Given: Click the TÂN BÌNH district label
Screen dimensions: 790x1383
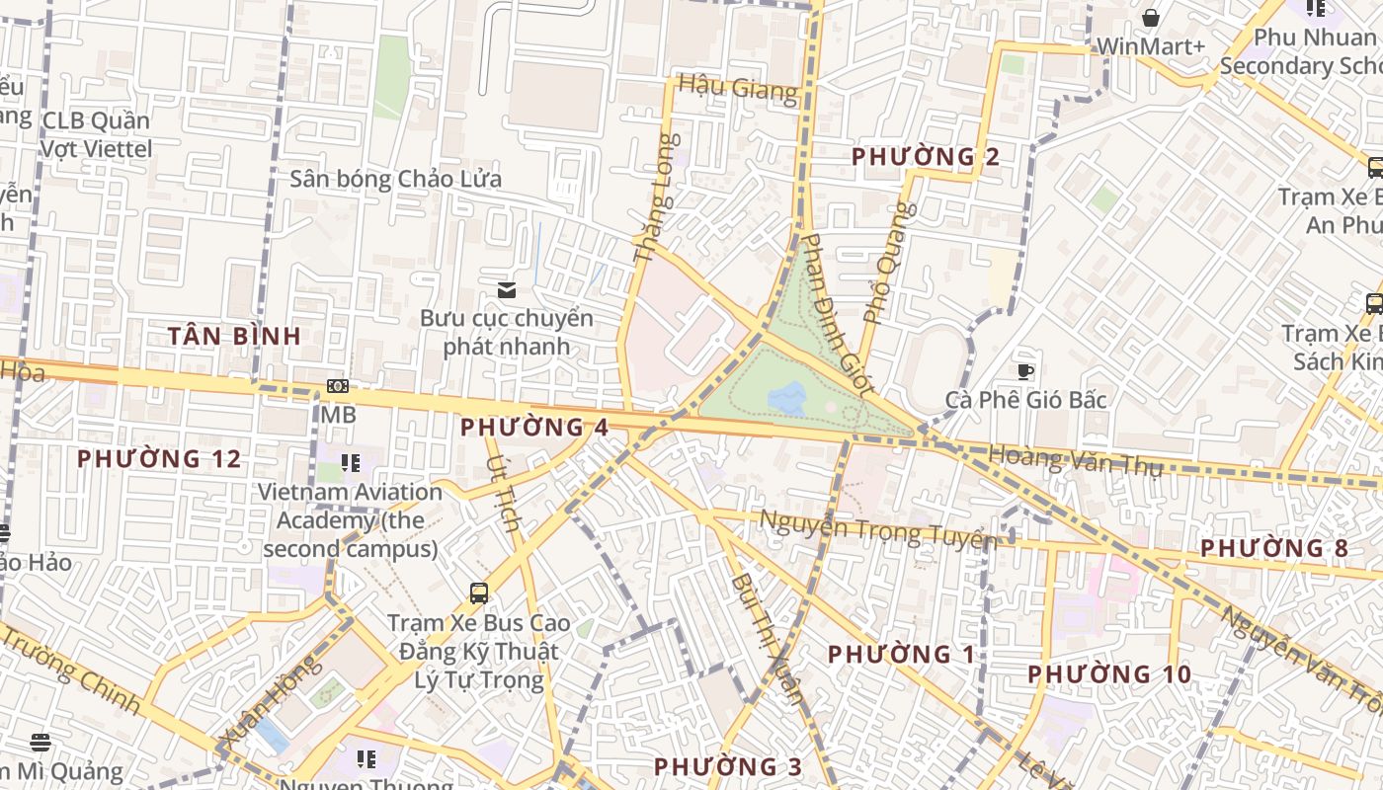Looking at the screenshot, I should (x=234, y=336).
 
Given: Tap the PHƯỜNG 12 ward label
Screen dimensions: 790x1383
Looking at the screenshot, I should (x=159, y=459).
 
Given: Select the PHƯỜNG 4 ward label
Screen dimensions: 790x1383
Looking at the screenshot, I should (x=534, y=428).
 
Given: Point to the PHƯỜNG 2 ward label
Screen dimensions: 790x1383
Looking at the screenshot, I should (x=926, y=157).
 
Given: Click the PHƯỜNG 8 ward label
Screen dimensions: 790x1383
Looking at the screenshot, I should (x=1274, y=548).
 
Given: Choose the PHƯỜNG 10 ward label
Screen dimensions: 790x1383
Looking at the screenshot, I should (x=1109, y=675).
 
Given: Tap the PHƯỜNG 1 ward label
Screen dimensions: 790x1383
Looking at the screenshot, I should (x=901, y=655).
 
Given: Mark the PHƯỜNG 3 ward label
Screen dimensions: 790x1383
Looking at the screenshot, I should (x=728, y=766).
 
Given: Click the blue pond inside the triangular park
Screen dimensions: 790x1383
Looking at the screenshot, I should (x=787, y=399).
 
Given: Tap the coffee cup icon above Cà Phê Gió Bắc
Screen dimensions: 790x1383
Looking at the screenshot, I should (x=1025, y=371).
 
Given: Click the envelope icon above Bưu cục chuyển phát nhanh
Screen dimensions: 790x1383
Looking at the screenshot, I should (x=507, y=289).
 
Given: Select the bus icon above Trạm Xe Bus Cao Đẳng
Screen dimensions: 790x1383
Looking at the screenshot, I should (x=479, y=593).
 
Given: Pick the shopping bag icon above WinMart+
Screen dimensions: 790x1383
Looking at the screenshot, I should (x=1151, y=18).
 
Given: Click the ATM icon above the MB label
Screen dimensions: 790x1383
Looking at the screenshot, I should (x=338, y=386).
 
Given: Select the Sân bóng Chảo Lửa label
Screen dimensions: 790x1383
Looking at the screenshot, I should (x=395, y=180).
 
